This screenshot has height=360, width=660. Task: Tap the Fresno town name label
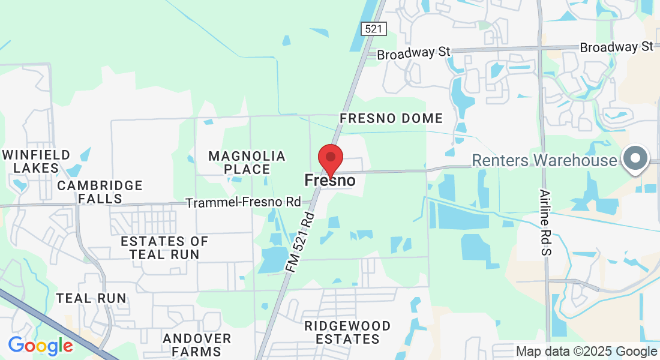click(x=329, y=180)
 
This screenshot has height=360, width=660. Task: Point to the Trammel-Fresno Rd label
click(x=243, y=203)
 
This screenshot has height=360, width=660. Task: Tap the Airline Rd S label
click(x=545, y=223)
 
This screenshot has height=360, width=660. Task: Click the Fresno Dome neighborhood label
click(x=391, y=118)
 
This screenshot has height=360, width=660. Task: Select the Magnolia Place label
click(x=247, y=163)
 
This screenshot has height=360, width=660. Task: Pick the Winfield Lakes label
click(x=36, y=161)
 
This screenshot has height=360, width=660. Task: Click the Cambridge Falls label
click(x=100, y=191)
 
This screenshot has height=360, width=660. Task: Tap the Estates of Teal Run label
click(x=164, y=248)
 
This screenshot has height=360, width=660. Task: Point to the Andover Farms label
click(x=197, y=345)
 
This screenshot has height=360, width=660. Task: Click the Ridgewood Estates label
click(x=347, y=332)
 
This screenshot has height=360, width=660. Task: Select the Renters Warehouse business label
click(x=544, y=160)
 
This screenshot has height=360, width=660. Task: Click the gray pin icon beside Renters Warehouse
click(x=636, y=159)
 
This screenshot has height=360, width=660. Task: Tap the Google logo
click(x=40, y=346)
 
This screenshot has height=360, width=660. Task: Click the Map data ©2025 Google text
click(x=586, y=352)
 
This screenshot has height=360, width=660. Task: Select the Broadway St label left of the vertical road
click(x=413, y=53)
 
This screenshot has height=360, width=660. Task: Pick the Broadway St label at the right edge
click(x=616, y=47)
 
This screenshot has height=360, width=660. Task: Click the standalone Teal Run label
click(x=91, y=298)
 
